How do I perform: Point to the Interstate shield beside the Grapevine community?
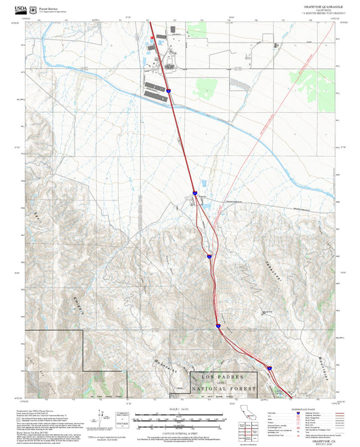pyautogui.click(x=195, y=192)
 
